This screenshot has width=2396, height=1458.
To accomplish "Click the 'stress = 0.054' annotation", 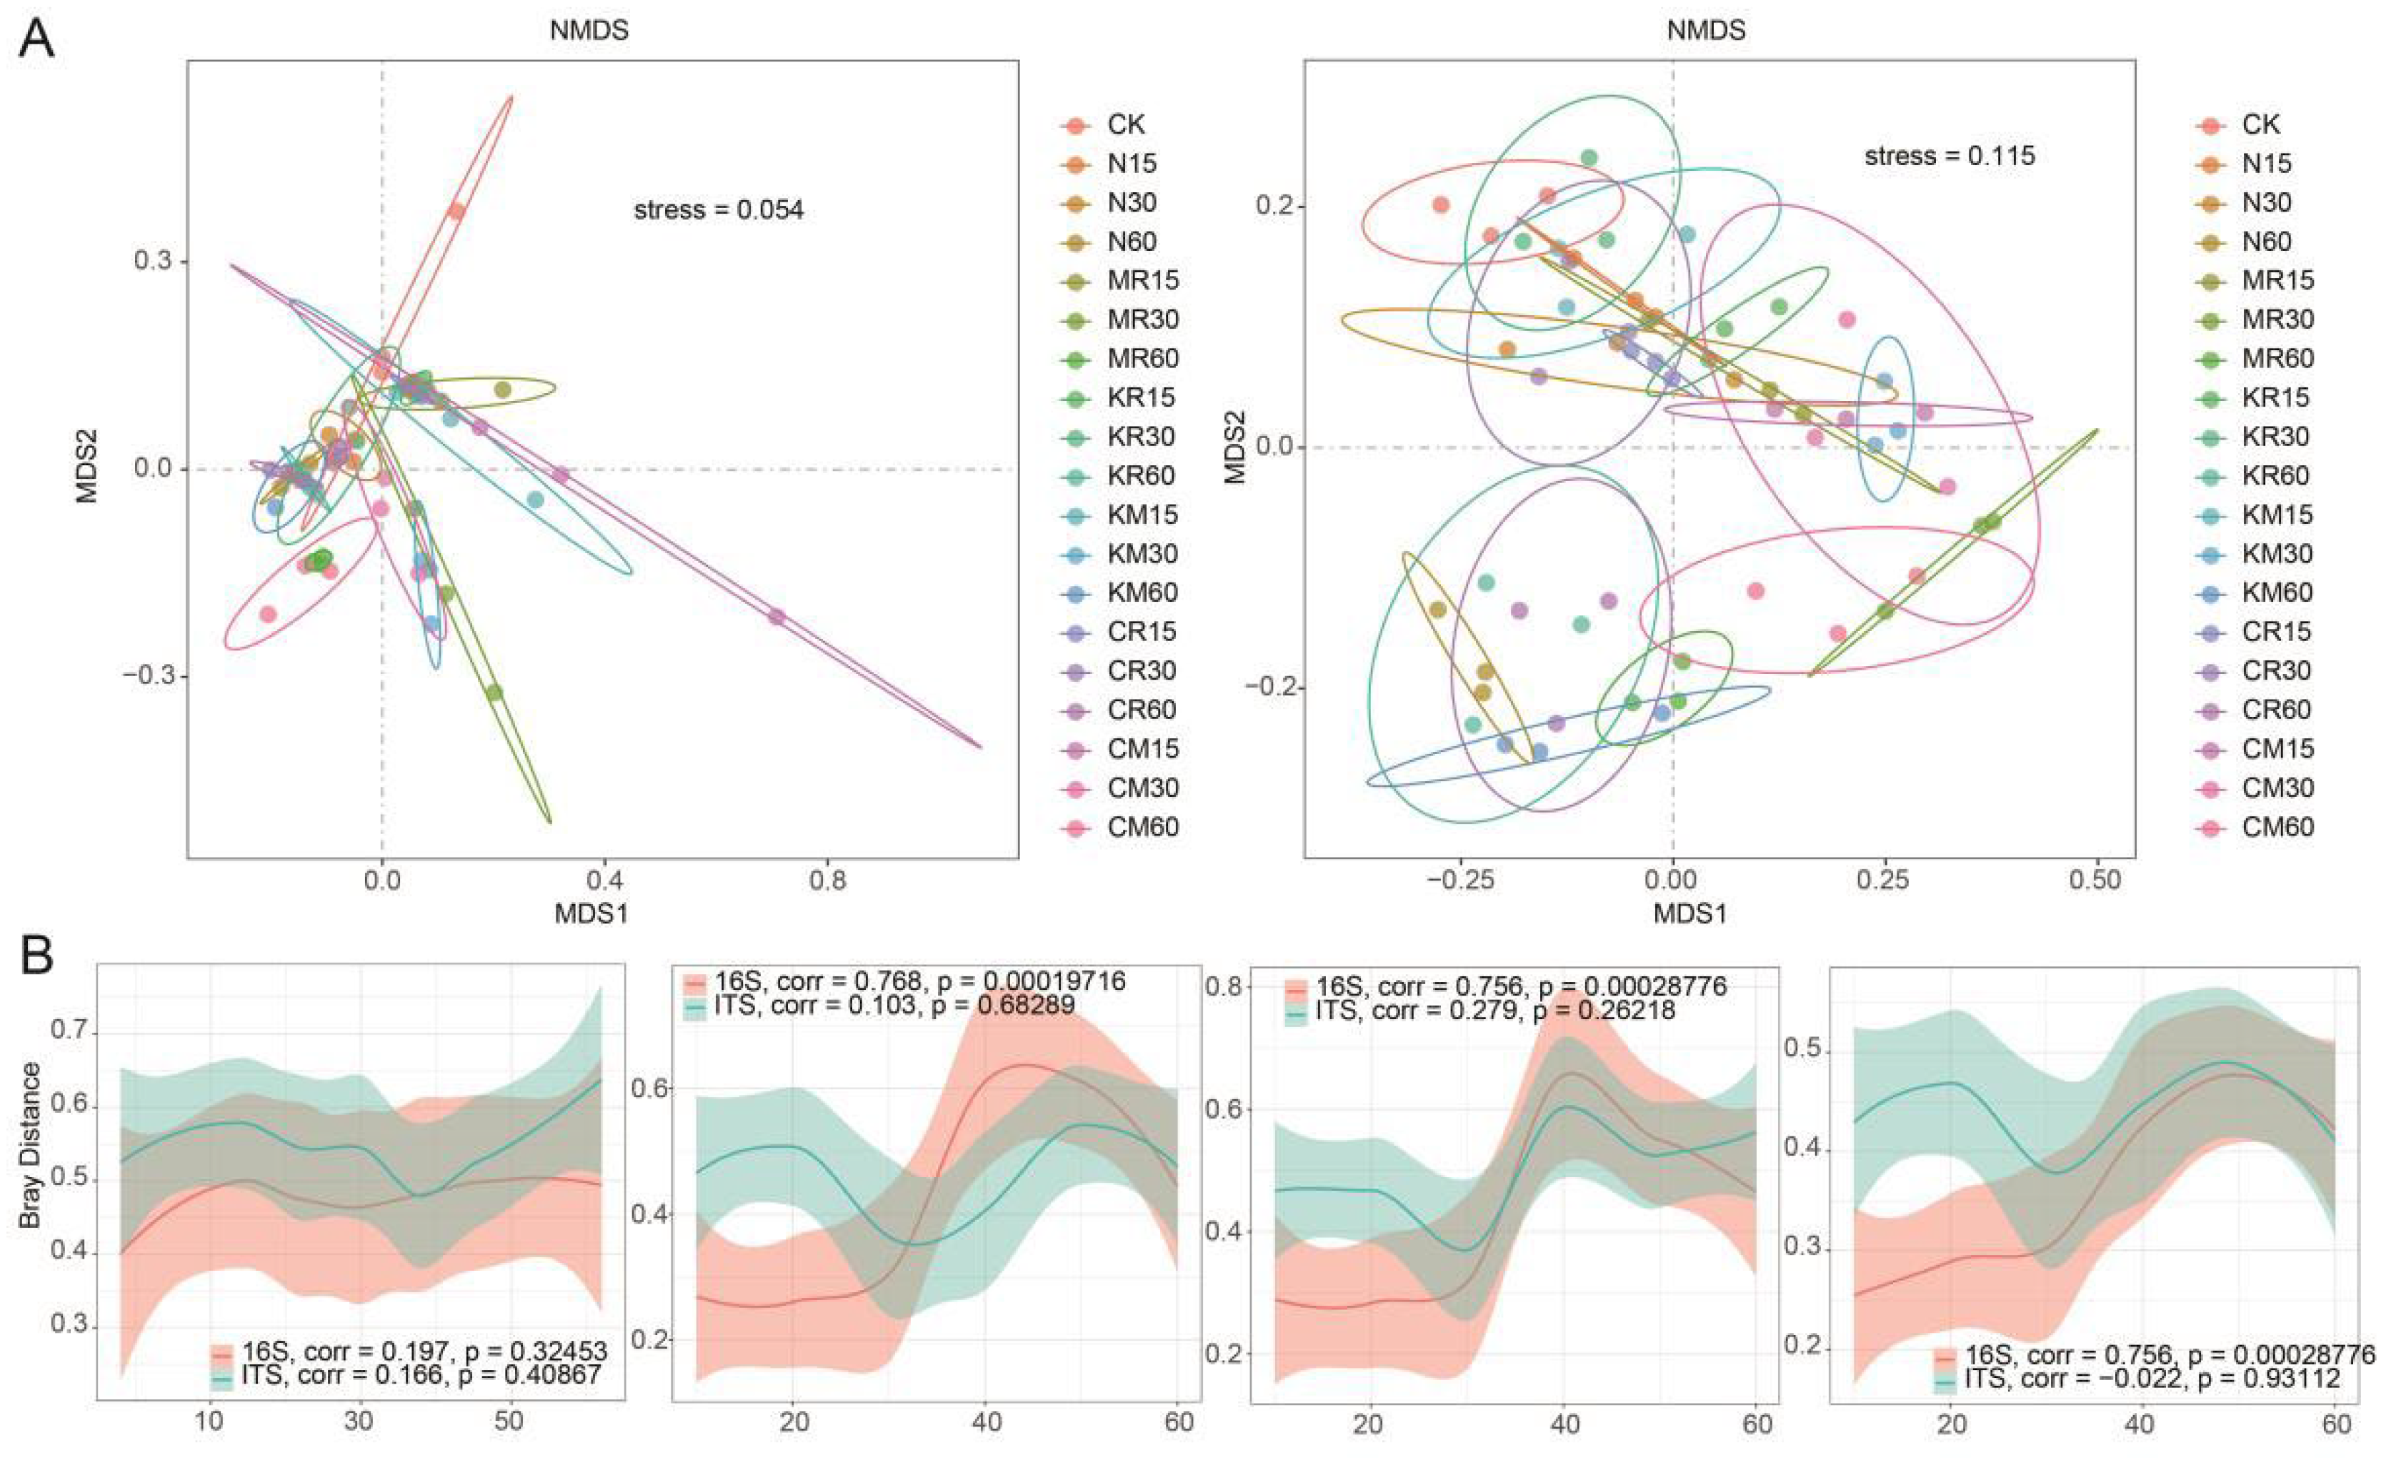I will point(718,210).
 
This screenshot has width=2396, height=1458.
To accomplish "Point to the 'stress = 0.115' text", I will point(1949,157).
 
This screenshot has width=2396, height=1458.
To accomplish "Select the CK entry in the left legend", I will point(1125,124).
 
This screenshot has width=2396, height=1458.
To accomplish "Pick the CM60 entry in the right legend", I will point(2277,828).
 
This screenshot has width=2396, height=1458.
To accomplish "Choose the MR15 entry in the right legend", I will point(2277,281).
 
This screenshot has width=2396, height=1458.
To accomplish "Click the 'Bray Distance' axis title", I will point(31,1145).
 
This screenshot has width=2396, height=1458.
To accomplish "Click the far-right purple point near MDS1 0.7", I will point(776,617).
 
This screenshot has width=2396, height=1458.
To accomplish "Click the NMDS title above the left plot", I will point(589,30).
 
